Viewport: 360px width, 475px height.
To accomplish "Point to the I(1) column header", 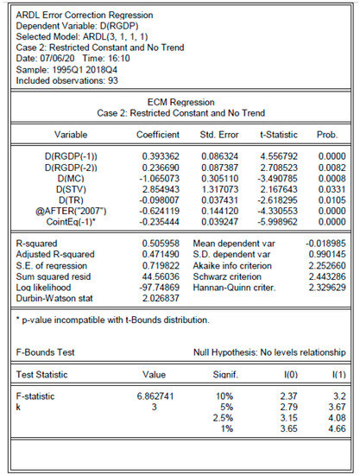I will coord(333,374).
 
